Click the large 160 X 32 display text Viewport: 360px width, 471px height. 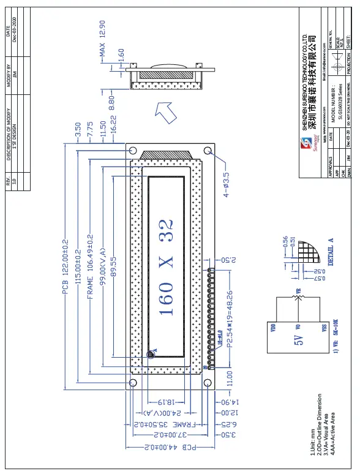[167, 267]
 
